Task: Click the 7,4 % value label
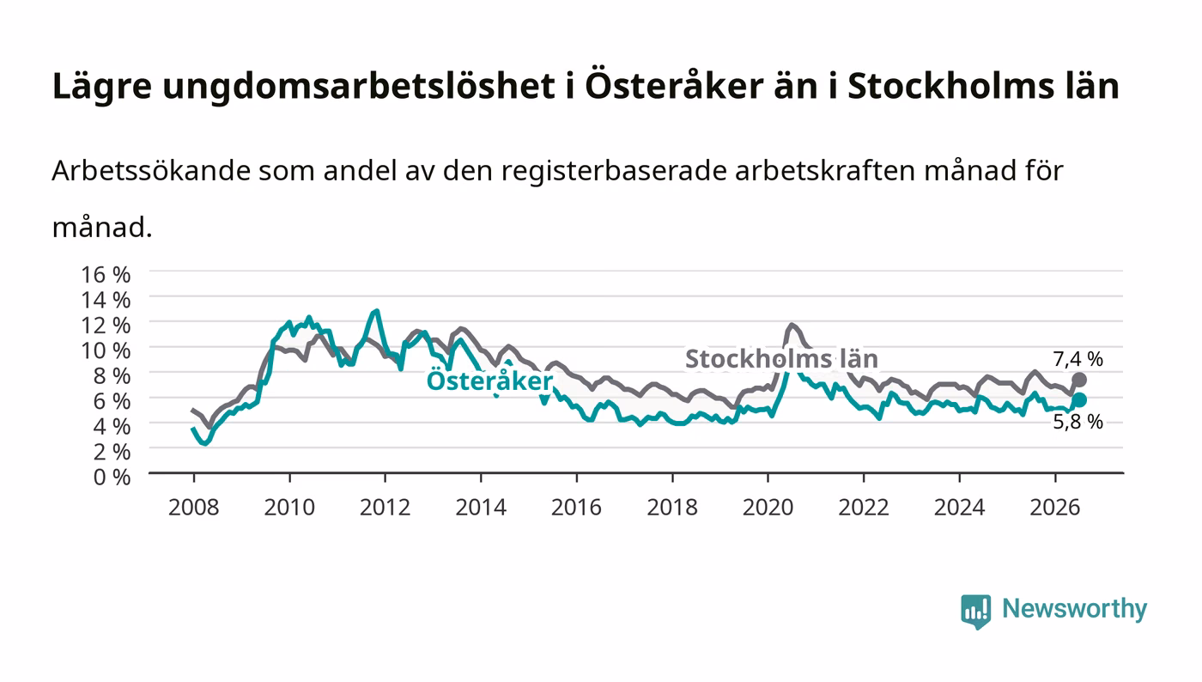(x=1078, y=359)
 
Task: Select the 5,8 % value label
(x=1078, y=422)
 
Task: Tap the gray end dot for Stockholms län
(x=1079, y=381)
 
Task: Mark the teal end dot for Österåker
(x=1079, y=400)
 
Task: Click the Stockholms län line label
(x=782, y=359)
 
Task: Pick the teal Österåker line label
(x=489, y=381)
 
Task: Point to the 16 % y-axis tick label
(x=106, y=274)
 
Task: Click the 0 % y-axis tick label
(x=112, y=477)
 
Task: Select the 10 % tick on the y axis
(x=106, y=350)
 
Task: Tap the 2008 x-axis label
(x=194, y=507)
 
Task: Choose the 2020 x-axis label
(x=768, y=507)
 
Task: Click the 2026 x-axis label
(x=1055, y=507)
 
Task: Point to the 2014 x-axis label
(x=481, y=507)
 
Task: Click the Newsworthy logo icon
(x=975, y=611)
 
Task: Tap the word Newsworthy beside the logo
(x=1075, y=609)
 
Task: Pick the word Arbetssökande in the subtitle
(x=151, y=171)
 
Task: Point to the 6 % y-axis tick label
(x=112, y=401)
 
